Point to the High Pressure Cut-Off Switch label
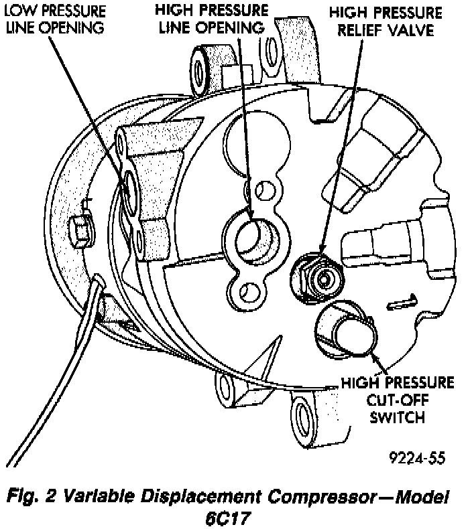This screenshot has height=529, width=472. coord(397,400)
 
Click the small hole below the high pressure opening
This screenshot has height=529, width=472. coord(249,292)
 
